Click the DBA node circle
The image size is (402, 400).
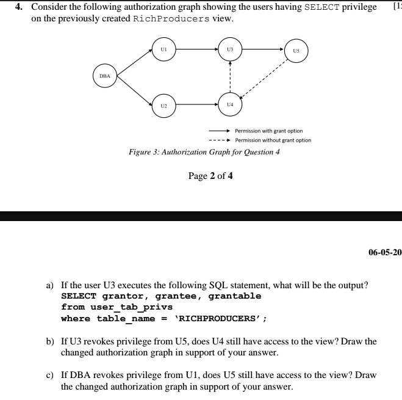pos(105,76)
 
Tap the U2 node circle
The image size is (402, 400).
pos(163,105)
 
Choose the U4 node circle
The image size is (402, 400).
pos(229,105)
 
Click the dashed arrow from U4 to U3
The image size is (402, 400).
pos(229,76)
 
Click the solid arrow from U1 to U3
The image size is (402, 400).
pos(196,48)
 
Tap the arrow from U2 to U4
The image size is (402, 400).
pos(196,105)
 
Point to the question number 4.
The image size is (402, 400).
pos(19,7)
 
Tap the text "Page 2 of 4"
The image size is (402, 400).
pos(210,176)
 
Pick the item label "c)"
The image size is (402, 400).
pos(51,374)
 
